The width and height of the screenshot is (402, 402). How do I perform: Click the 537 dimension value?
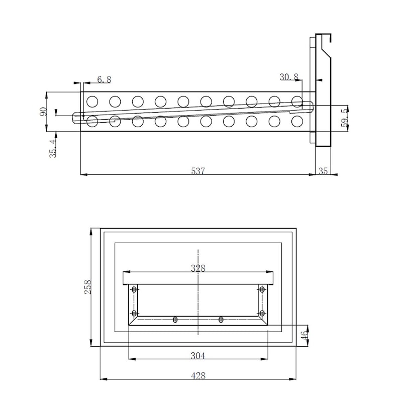tap(198, 171)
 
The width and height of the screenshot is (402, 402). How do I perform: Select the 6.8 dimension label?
tap(105, 79)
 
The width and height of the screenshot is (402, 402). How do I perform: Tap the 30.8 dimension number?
tap(289, 77)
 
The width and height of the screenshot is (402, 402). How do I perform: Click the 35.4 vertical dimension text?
tap(53, 148)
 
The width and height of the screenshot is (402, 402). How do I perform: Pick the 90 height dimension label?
tap(43, 112)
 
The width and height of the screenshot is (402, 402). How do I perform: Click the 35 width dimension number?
tap(323, 171)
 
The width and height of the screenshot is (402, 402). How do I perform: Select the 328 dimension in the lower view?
tap(198, 268)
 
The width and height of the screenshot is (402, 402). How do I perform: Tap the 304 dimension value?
tap(198, 356)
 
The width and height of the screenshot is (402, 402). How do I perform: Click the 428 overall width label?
tap(198, 376)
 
